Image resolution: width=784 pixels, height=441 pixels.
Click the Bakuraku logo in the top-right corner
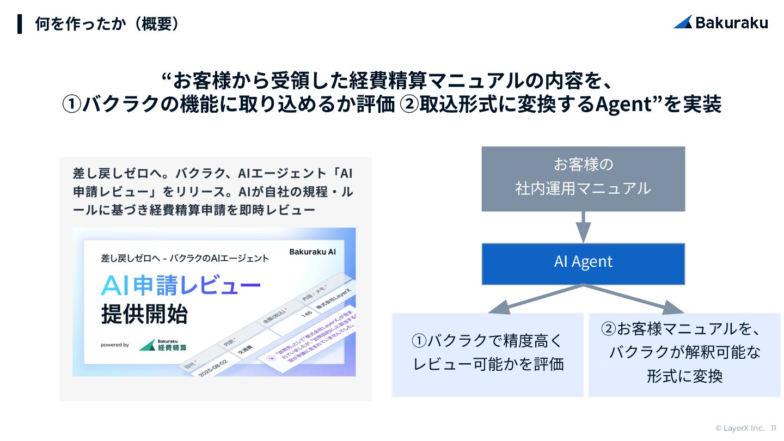point(721,22)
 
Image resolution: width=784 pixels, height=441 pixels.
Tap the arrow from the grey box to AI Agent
point(583,226)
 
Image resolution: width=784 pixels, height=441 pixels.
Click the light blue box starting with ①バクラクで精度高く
point(488,354)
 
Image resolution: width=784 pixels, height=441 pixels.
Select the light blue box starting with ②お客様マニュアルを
point(684,354)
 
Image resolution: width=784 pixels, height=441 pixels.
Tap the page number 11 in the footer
point(773,428)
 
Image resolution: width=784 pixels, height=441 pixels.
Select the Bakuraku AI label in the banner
point(312,252)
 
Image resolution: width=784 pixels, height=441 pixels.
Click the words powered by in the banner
point(114,345)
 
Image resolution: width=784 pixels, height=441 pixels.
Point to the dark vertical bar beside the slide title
point(20,24)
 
